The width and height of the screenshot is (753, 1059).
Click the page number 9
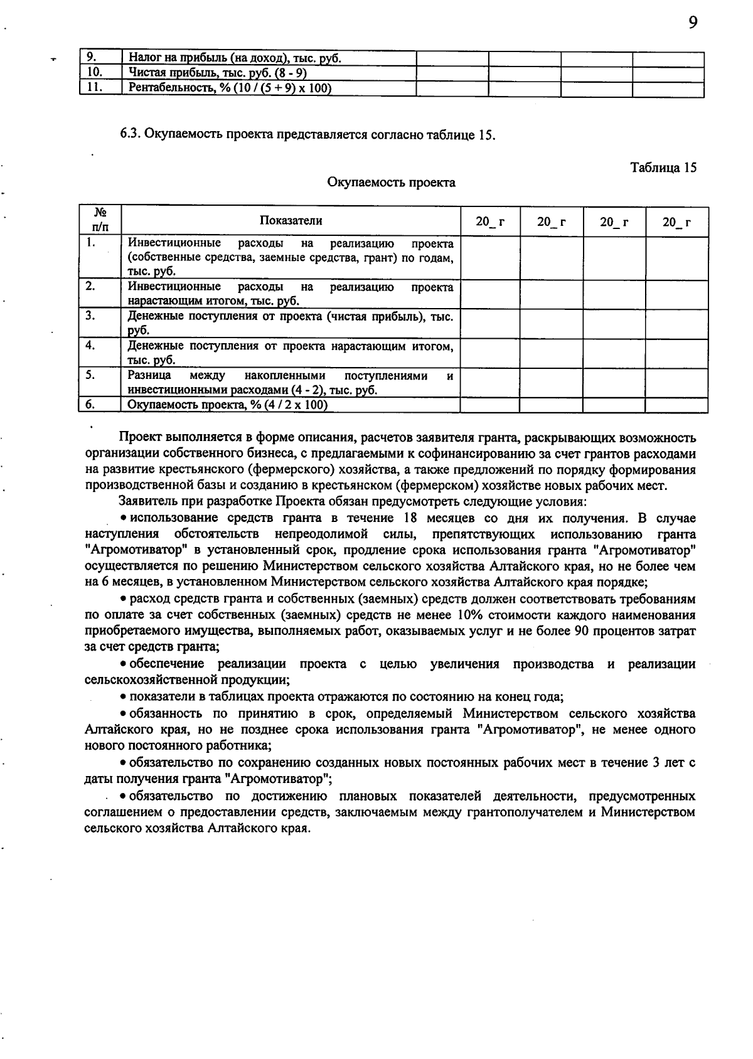coord(693,23)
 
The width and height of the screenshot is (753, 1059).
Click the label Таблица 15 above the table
coord(663,168)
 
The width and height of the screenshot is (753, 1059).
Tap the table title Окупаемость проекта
coord(391,183)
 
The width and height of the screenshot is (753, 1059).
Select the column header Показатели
coord(291,220)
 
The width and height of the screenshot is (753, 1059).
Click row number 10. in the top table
coord(93,73)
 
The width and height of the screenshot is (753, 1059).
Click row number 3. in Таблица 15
coord(91,316)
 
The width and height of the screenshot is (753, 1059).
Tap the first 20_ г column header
coord(489,221)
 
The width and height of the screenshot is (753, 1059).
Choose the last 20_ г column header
coord(676,221)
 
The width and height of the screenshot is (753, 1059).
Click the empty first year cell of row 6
coord(489,405)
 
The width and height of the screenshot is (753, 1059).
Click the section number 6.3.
coord(131,135)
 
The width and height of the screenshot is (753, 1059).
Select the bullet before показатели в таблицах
coord(124,697)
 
